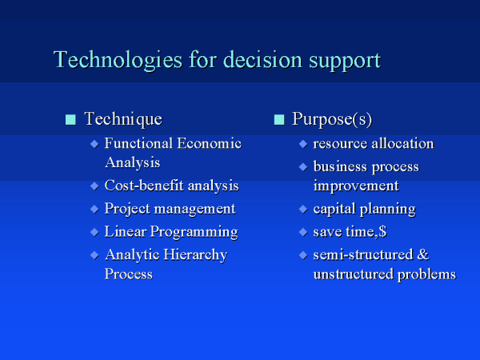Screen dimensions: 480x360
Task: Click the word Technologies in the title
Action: (x=118, y=60)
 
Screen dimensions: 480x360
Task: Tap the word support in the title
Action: (x=345, y=62)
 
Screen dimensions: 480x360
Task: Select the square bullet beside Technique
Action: (x=70, y=120)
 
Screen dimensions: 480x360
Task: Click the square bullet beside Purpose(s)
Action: (x=279, y=120)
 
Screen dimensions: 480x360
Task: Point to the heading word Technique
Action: (x=123, y=119)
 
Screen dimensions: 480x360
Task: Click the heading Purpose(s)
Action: (x=332, y=119)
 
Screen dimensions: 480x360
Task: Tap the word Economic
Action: (x=210, y=143)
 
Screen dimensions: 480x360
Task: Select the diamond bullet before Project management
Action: (x=94, y=209)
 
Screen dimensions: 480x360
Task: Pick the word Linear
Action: (x=126, y=231)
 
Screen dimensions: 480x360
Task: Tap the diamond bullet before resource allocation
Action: (x=303, y=144)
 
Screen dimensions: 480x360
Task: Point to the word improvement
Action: (x=356, y=186)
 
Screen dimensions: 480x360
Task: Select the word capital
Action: (x=334, y=210)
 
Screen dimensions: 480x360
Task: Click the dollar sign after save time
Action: (x=382, y=232)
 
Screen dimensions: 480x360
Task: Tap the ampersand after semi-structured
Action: (x=422, y=254)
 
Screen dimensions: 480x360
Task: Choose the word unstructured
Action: (x=354, y=274)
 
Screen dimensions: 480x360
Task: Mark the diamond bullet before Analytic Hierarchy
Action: (x=94, y=255)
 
